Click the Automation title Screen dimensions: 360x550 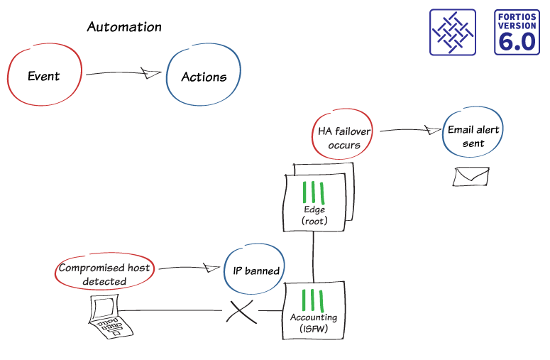pyautogui.click(x=124, y=28)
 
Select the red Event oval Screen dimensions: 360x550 pyautogui.click(x=43, y=76)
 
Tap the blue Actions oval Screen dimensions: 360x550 pyautogui.click(x=204, y=77)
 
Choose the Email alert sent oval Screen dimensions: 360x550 pyautogui.click(x=473, y=136)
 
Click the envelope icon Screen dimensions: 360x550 pyautogui.click(x=471, y=176)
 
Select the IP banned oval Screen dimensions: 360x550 pyautogui.click(x=255, y=271)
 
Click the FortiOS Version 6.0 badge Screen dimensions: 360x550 pyautogui.click(x=517, y=32)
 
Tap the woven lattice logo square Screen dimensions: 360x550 pyautogui.click(x=452, y=32)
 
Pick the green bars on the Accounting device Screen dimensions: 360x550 pyautogui.click(x=314, y=300)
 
